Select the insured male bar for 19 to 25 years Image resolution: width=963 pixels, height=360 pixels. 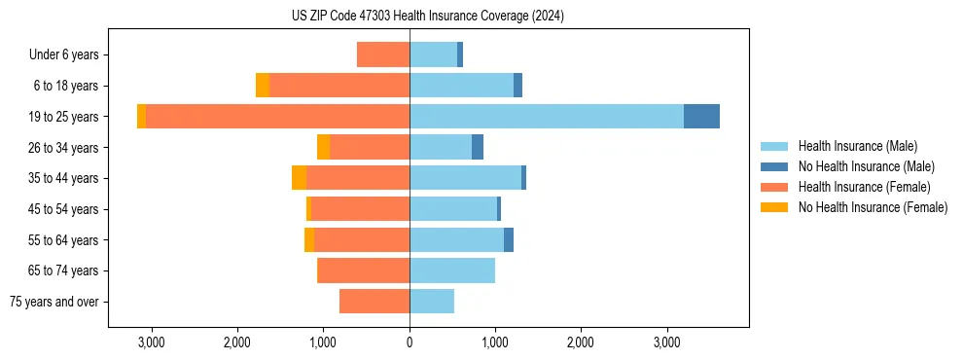[546, 117]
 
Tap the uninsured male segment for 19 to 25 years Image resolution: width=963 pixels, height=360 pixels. [701, 117]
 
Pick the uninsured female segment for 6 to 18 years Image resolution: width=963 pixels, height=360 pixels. [263, 86]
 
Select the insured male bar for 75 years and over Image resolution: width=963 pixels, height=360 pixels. [432, 302]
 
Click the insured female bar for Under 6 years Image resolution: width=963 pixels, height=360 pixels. [383, 54]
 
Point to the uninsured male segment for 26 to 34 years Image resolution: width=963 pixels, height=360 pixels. [478, 147]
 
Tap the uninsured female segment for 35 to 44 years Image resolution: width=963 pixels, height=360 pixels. [299, 178]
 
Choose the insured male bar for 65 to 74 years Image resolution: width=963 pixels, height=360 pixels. [452, 270]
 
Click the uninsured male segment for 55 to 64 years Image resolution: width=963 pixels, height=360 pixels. [509, 239]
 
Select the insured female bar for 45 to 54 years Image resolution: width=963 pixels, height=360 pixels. [360, 209]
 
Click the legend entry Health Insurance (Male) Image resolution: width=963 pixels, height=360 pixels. [857, 146]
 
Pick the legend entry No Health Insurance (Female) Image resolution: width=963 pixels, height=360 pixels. [873, 207]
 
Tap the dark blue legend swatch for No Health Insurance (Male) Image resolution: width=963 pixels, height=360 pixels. [774, 166]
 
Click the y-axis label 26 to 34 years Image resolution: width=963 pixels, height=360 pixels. [64, 148]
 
